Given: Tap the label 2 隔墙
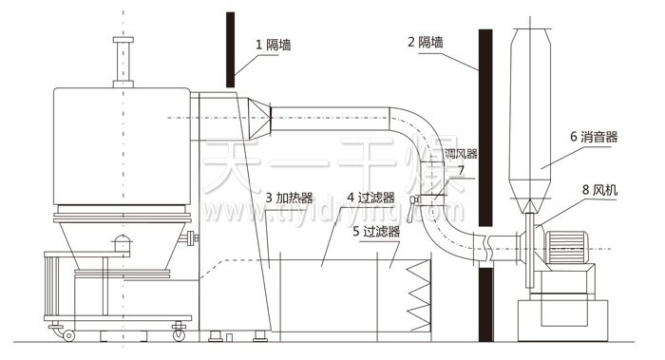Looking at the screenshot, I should pyautogui.click(x=425, y=43).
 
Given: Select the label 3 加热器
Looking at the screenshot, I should pyautogui.click(x=290, y=199).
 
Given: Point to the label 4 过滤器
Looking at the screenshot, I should pyautogui.click(x=370, y=199).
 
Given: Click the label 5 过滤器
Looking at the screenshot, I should pyautogui.click(x=376, y=231).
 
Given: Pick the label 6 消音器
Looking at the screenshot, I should pyautogui.click(x=594, y=137).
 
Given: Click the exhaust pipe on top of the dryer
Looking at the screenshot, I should pyautogui.click(x=121, y=62).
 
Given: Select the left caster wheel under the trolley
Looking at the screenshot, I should pyautogui.click(x=67, y=333).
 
